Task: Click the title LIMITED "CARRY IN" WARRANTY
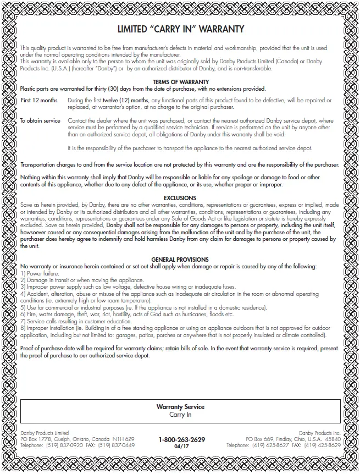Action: click(181, 29)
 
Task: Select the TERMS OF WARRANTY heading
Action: click(180, 82)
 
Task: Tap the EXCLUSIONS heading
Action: click(180, 197)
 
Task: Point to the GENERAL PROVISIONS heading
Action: click(180, 259)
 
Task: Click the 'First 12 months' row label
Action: click(39, 101)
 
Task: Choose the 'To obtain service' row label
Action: click(40, 120)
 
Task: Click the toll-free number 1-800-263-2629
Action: click(181, 439)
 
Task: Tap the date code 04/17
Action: click(181, 447)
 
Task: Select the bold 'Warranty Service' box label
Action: click(180, 407)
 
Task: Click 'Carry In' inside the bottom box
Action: click(180, 415)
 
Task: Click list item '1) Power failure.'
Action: click(40, 273)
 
